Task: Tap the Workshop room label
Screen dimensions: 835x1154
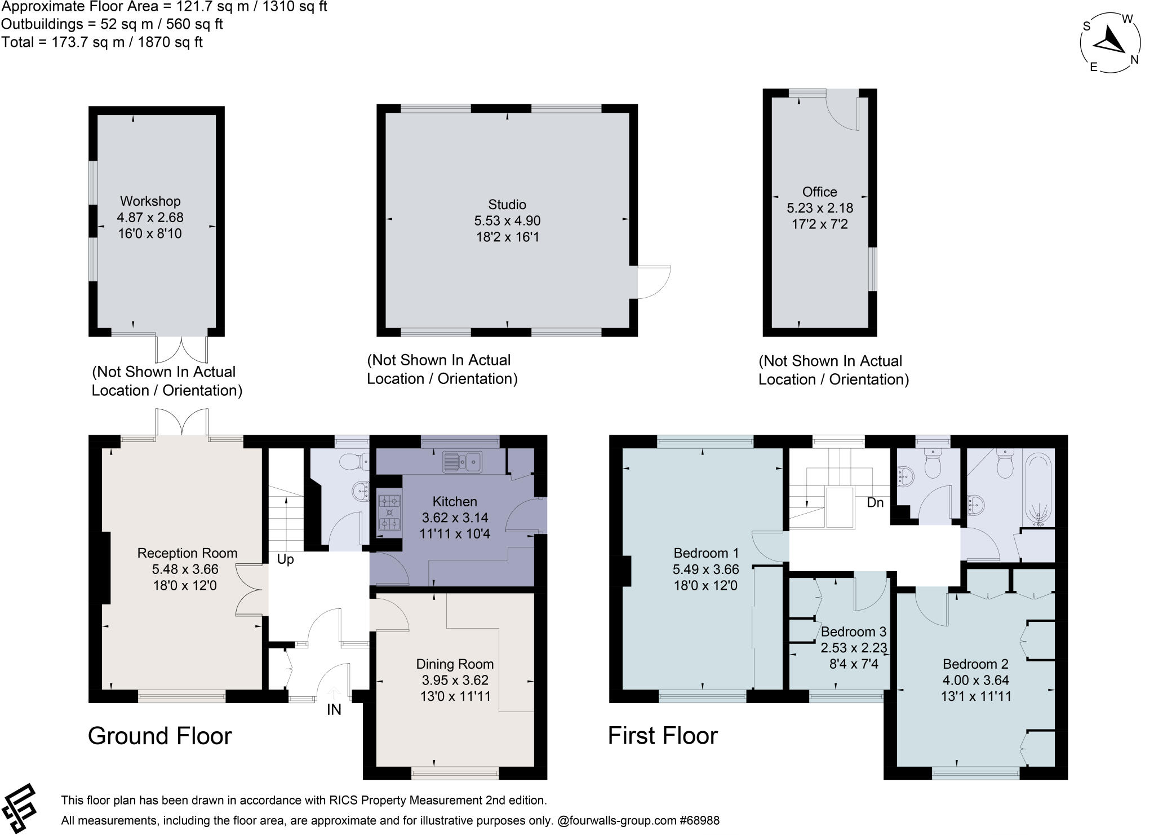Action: point(150,201)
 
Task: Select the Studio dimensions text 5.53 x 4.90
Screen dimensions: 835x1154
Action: point(507,221)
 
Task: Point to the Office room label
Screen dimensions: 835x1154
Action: point(819,192)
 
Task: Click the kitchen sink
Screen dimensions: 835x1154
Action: point(461,461)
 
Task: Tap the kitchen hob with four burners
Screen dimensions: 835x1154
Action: point(389,512)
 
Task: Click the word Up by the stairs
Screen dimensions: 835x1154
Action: point(285,560)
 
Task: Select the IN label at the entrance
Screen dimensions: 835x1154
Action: point(334,710)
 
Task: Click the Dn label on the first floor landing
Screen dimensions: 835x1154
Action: point(875,502)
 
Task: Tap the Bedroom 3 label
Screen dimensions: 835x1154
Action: point(853,631)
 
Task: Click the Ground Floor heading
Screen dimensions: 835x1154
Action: point(160,736)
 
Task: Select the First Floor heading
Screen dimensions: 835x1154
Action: point(663,736)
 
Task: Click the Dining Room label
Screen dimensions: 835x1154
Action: point(455,664)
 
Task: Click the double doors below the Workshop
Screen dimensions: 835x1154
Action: point(181,350)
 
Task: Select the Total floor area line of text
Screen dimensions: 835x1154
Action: point(102,42)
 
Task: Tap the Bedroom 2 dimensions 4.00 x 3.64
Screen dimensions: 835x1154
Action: point(975,680)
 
